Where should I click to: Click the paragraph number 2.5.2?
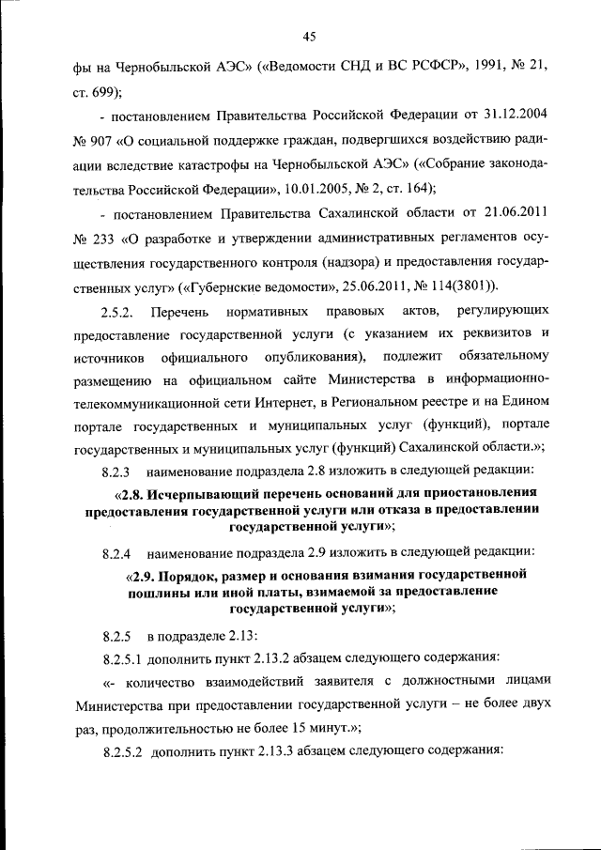120,310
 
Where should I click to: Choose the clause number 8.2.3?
120,470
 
